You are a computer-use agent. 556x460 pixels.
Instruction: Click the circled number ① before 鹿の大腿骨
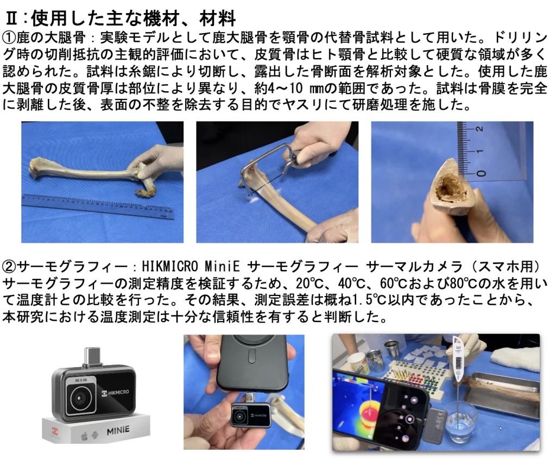[x=10, y=37]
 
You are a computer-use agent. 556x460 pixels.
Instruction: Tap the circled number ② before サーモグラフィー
[x=10, y=266]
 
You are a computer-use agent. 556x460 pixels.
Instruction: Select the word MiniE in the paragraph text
[x=222, y=266]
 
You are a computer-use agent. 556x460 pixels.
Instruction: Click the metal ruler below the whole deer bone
[x=98, y=207]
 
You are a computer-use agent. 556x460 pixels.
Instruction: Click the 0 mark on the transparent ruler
[x=481, y=173]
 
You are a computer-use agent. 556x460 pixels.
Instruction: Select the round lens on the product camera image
[x=81, y=399]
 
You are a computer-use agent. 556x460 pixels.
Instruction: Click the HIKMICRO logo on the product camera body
[x=116, y=392]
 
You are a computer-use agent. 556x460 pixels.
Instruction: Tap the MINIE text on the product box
[x=118, y=431]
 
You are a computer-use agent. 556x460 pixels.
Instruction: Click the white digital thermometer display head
[x=458, y=358]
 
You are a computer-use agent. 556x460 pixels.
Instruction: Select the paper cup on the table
[x=358, y=363]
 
